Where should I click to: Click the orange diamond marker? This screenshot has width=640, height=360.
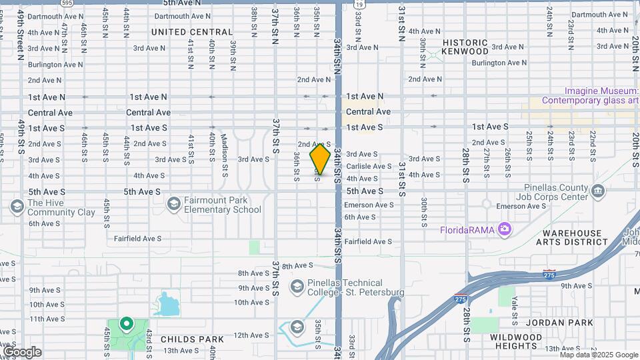click(320, 159)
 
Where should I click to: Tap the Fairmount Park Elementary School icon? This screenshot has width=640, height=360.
click(174, 203)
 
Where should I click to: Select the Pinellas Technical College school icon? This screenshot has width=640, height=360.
click(297, 287)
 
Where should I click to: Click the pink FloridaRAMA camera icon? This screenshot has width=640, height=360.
click(505, 229)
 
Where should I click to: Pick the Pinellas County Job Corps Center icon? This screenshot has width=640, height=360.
click(597, 192)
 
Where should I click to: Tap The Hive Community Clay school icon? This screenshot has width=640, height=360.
click(17, 207)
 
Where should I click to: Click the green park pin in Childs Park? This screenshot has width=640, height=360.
click(125, 324)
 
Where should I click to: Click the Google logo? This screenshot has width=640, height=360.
click(22, 352)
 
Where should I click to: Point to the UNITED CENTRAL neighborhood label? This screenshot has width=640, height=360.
click(192, 32)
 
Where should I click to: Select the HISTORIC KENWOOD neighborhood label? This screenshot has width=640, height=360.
click(465, 47)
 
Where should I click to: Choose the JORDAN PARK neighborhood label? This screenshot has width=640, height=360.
click(559, 323)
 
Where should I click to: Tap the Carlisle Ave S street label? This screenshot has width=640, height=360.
click(369, 166)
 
